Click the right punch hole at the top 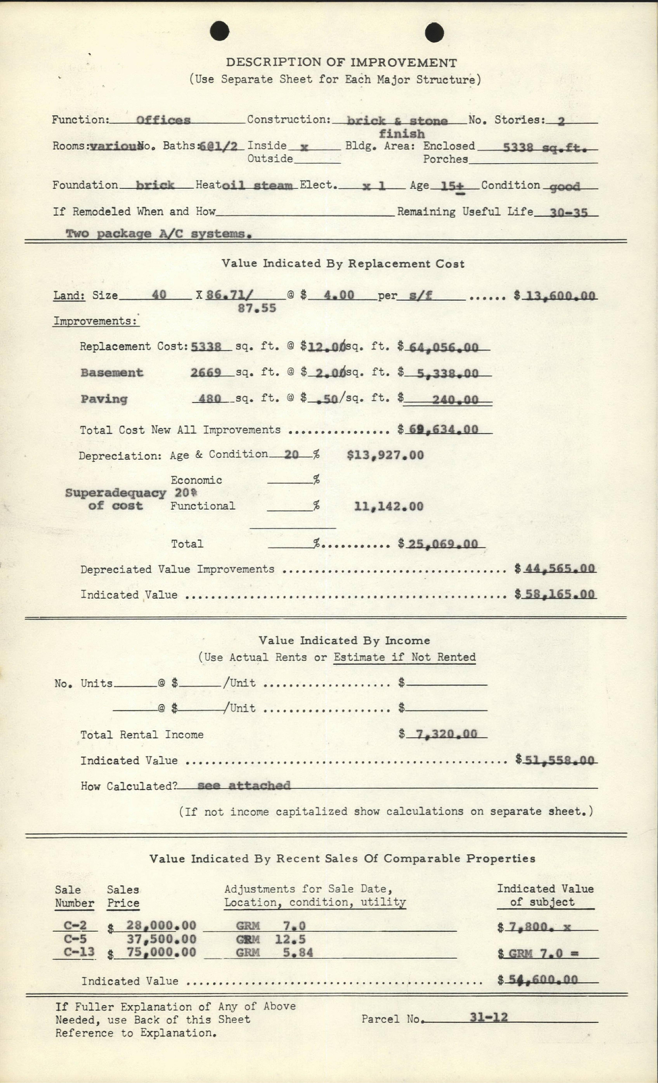(x=434, y=33)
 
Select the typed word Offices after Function (x=163, y=120)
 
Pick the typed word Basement (x=112, y=373)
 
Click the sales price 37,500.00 (x=161, y=939)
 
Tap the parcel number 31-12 (x=488, y=1017)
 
